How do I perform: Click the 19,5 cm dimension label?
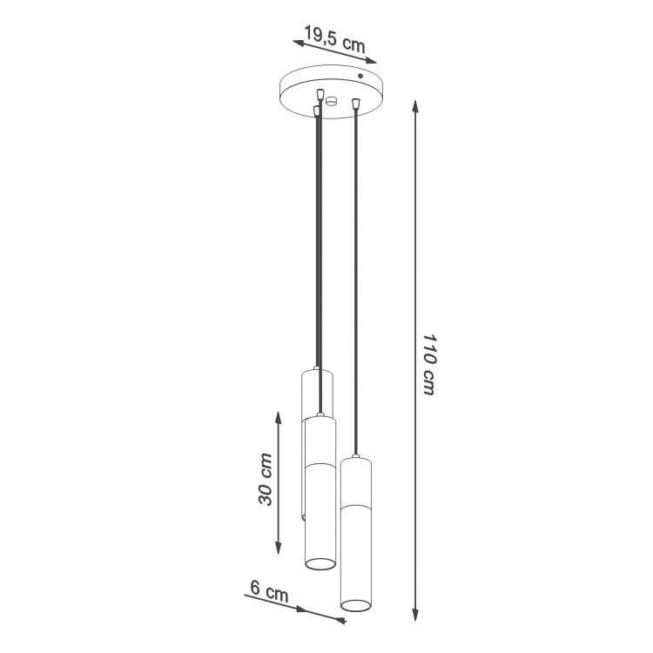(x=335, y=38)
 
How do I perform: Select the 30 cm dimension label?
(x=266, y=480)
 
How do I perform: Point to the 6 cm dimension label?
(x=269, y=590)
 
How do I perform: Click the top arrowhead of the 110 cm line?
(x=415, y=106)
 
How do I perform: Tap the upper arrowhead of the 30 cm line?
(x=279, y=418)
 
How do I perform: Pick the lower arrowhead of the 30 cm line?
(x=279, y=548)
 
